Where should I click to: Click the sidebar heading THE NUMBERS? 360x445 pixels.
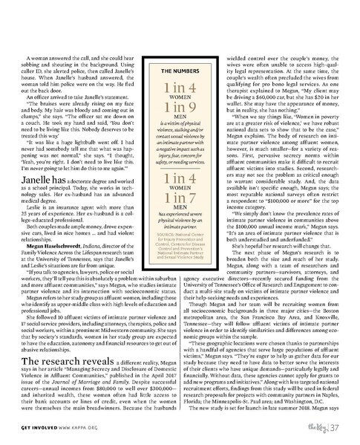pyautogui.click(x=178, y=71)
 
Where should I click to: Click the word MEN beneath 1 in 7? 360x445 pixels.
pyautogui.click(x=178, y=233)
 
